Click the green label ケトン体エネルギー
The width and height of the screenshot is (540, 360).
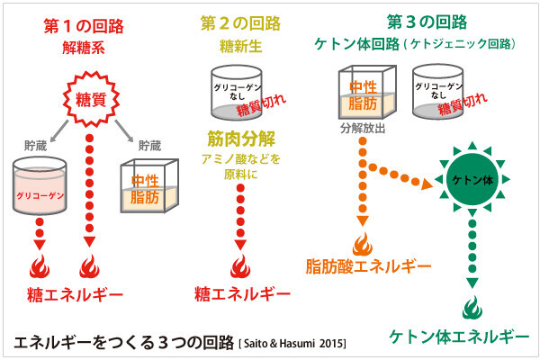click(x=459, y=337)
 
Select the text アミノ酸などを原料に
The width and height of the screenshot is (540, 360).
click(x=241, y=167)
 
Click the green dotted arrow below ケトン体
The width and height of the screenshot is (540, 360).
click(x=471, y=254)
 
